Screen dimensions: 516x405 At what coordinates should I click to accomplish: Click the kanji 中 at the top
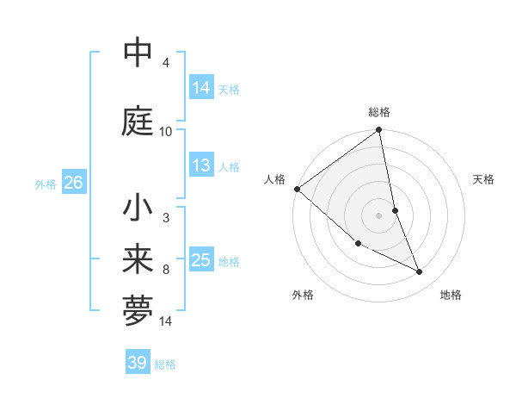pos(138,53)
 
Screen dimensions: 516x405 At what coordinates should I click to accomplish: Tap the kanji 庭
pos(138,121)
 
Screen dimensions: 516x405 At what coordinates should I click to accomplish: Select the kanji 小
pos(138,208)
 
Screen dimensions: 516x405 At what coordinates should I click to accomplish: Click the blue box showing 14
pos(201,87)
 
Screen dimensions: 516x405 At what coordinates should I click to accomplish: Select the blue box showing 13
pos(201,165)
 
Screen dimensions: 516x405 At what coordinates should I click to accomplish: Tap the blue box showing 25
pos(201,260)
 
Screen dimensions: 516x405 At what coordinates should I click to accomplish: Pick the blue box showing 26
pos(73,183)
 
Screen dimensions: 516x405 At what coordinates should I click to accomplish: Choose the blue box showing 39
pos(138,363)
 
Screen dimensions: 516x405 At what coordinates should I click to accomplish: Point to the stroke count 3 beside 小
pos(165,218)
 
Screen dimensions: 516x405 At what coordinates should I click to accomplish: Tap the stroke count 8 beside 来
pos(165,270)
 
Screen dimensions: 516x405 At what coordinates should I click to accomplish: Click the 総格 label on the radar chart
pos(379,112)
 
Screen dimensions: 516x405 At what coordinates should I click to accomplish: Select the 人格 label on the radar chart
pos(275,179)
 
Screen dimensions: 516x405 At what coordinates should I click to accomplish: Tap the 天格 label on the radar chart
pos(484,179)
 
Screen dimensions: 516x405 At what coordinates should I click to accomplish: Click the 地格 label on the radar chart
pos(451,295)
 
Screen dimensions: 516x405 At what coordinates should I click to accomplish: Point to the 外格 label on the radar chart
pos(303,295)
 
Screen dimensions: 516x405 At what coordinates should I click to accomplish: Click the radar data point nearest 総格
pos(379,131)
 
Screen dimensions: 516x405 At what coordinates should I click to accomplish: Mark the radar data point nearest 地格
pos(420,272)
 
